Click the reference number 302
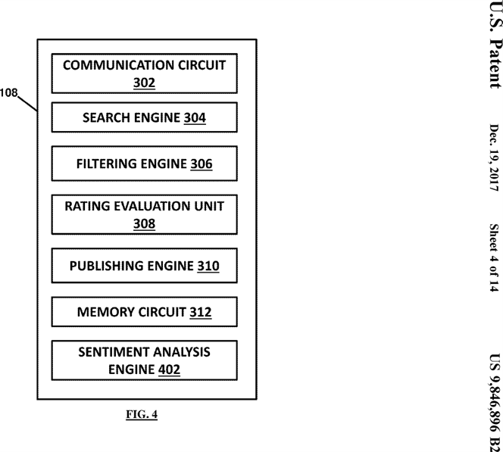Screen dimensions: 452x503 (144, 83)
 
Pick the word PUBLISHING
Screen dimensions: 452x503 (102, 267)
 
